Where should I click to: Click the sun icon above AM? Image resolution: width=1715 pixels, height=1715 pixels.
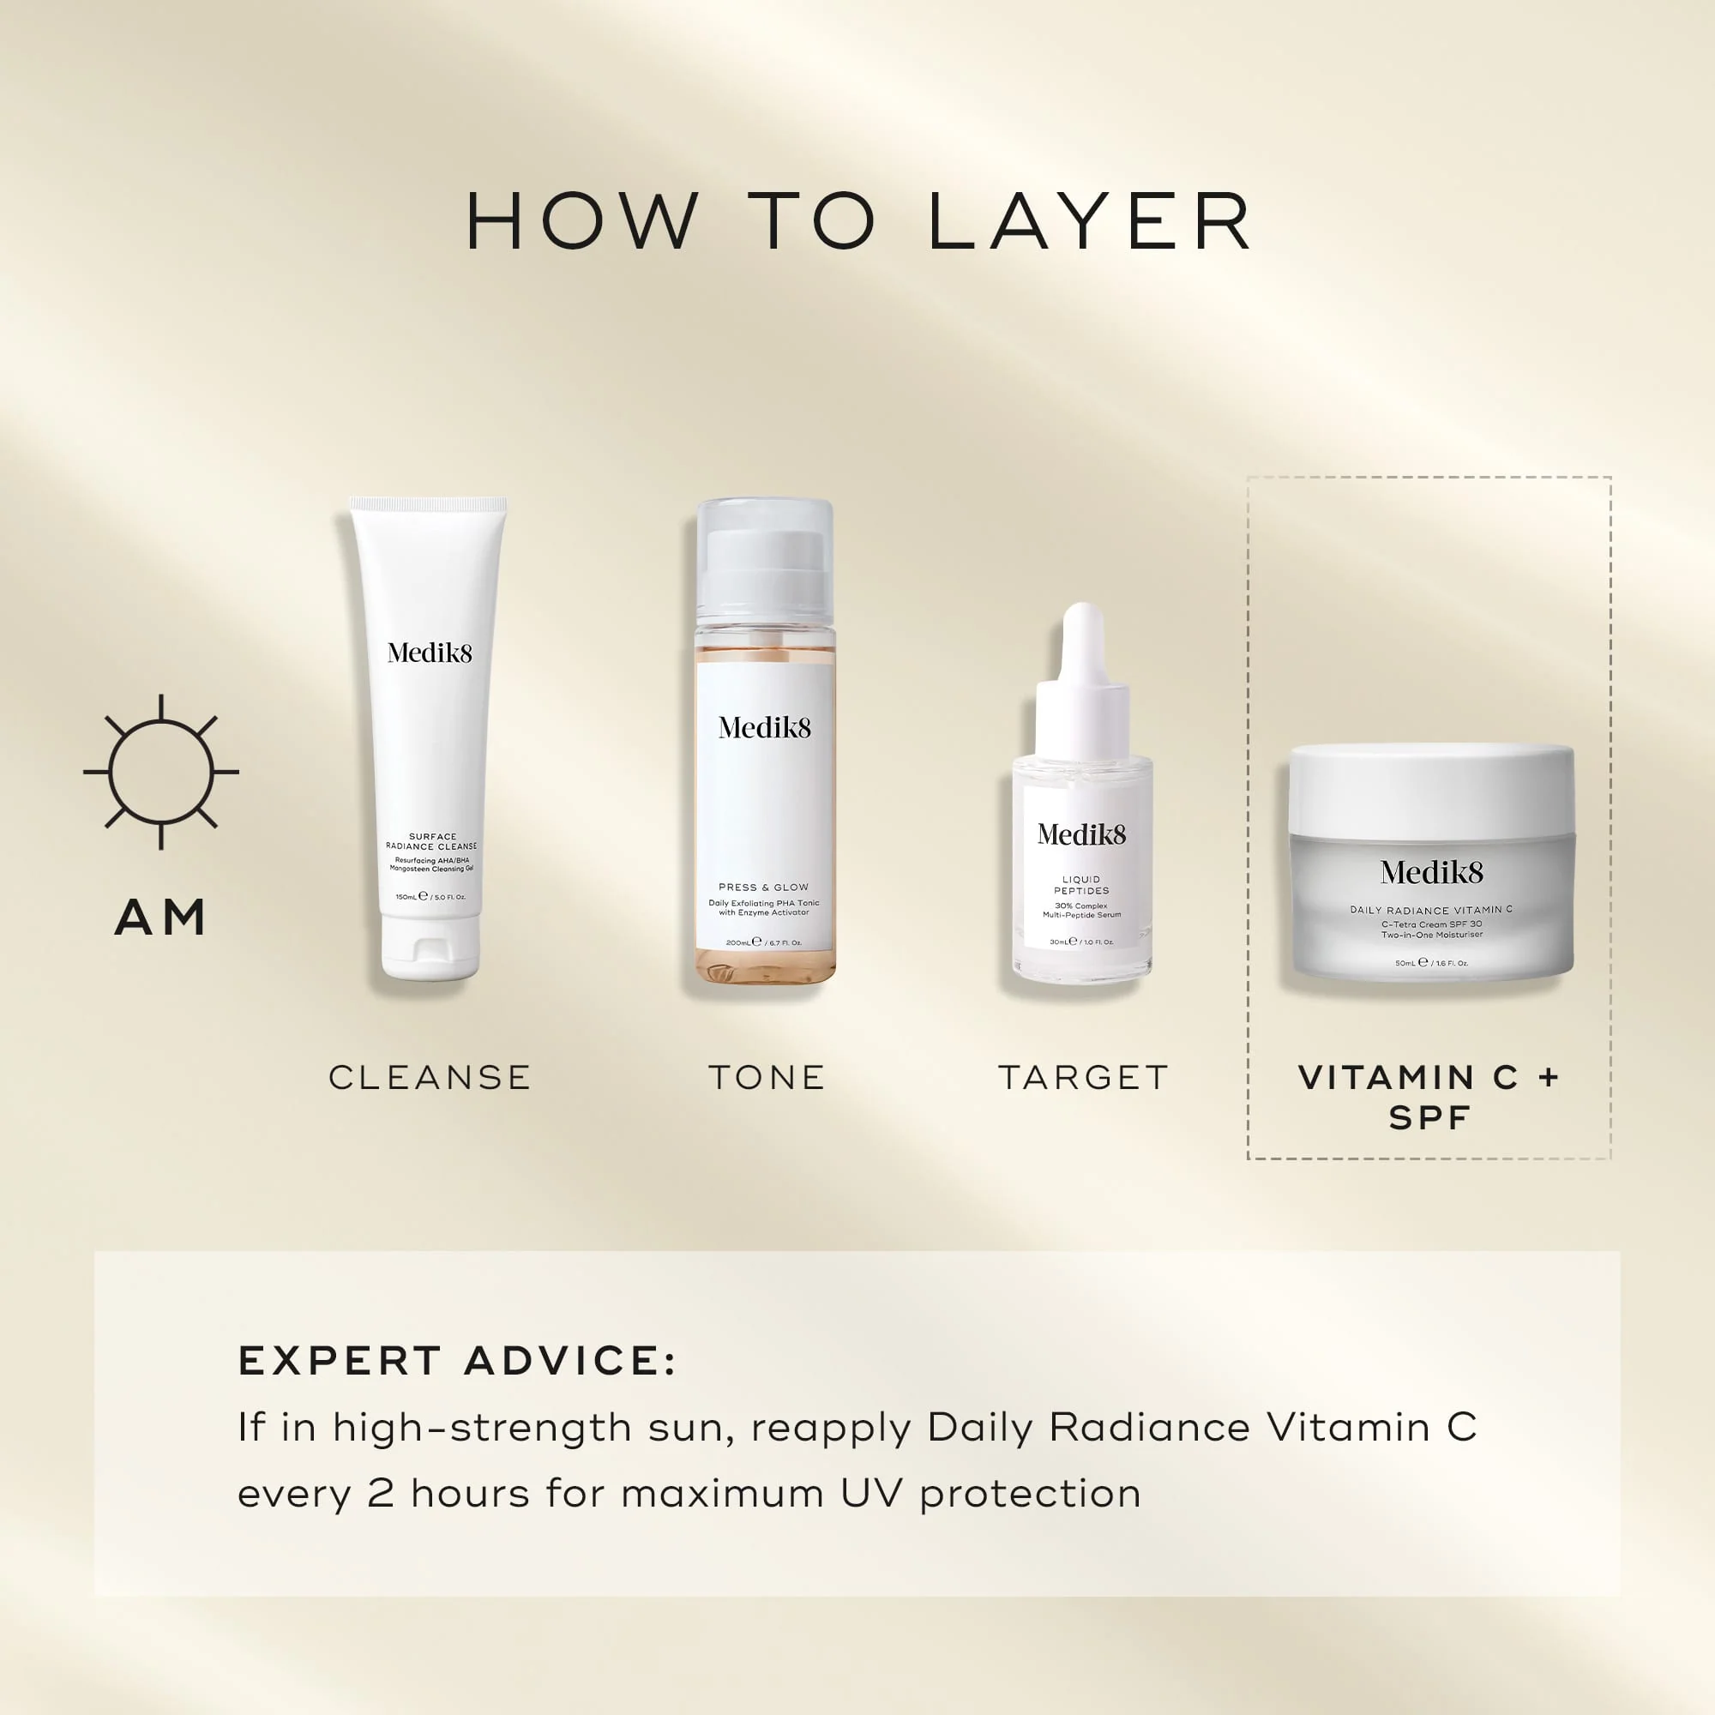click(160, 772)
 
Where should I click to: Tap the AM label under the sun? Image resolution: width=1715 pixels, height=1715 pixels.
click(160, 918)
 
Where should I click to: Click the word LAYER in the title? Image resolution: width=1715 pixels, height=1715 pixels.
click(1089, 221)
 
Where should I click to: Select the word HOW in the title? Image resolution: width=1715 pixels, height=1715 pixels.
click(582, 221)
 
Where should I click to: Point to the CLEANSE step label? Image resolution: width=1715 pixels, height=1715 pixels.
click(430, 1078)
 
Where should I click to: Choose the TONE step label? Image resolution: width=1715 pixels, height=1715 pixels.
click(767, 1078)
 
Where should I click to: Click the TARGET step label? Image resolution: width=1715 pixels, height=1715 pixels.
click(1083, 1078)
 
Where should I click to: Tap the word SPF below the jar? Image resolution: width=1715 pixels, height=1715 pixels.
click(1429, 1118)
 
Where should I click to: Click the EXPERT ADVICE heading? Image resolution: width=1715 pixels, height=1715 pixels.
click(457, 1361)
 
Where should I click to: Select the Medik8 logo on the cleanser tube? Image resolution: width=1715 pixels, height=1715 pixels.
click(430, 653)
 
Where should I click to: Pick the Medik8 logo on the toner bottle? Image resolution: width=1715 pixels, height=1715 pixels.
click(764, 729)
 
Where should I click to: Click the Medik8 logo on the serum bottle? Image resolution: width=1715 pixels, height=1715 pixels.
click(1081, 834)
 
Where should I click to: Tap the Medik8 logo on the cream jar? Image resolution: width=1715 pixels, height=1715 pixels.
click(1431, 874)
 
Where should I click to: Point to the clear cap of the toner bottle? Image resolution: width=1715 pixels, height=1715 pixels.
click(764, 559)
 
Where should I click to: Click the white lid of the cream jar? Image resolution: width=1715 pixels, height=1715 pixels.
click(1431, 790)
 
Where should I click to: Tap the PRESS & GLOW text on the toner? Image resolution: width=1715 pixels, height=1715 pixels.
click(763, 887)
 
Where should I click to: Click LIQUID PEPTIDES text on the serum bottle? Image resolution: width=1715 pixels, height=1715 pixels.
click(1081, 885)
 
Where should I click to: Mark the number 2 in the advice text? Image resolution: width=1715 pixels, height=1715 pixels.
click(380, 1494)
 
